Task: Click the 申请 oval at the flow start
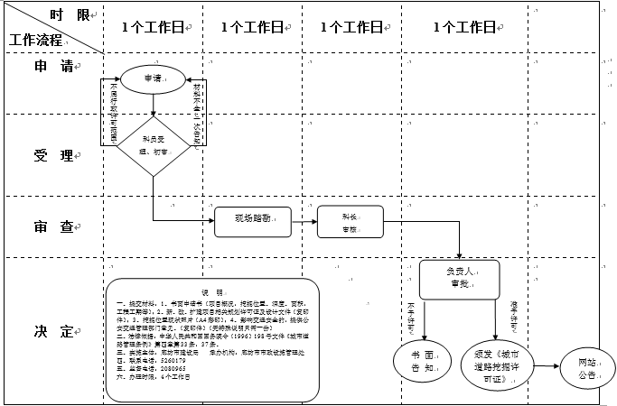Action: (x=152, y=79)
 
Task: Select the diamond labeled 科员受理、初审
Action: (x=152, y=145)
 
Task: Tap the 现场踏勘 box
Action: (x=253, y=221)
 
